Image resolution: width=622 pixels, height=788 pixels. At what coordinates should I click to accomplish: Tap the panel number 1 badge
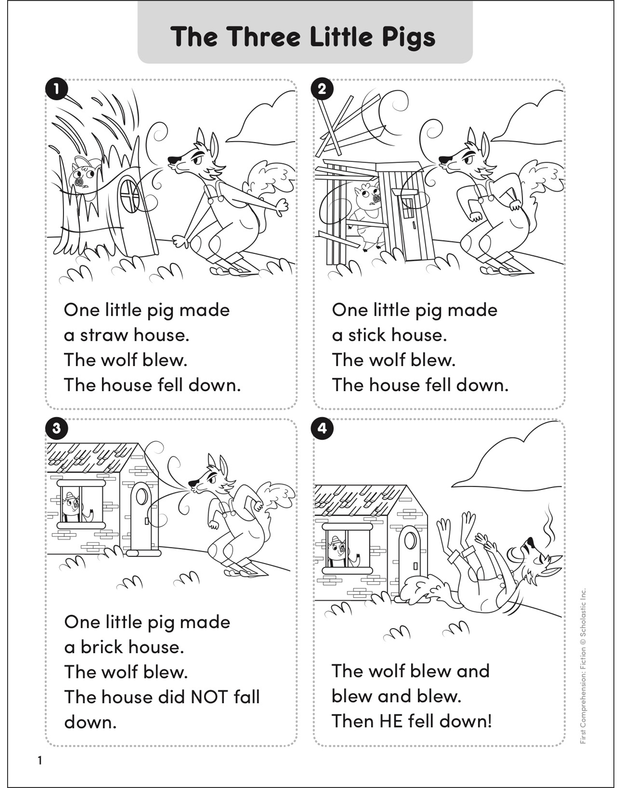(56, 89)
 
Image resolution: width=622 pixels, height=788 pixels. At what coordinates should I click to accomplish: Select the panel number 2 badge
(322, 89)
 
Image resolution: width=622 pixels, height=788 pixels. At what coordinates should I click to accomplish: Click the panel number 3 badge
(56, 428)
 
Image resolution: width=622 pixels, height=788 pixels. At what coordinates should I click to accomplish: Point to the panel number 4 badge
(322, 428)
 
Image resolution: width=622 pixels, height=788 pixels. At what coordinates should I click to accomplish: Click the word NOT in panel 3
(209, 697)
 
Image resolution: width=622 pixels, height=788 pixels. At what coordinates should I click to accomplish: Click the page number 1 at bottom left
(40, 761)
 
